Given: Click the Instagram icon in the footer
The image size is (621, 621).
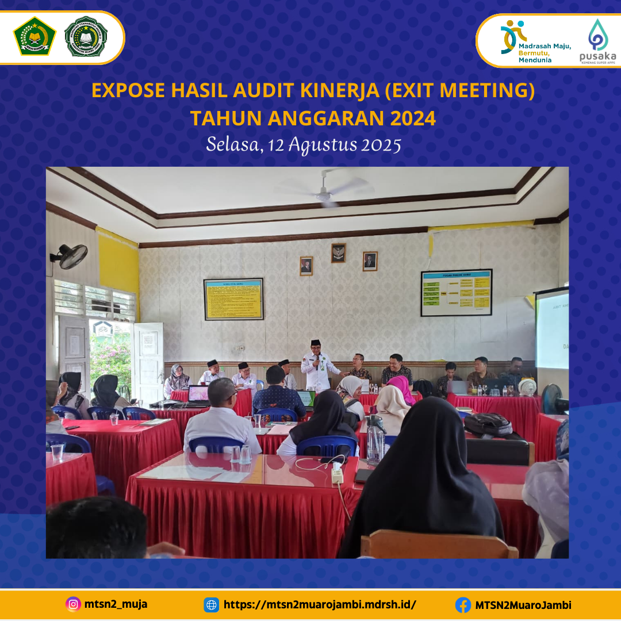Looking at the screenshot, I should (73, 604).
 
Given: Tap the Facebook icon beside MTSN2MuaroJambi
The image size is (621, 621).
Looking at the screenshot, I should (463, 605).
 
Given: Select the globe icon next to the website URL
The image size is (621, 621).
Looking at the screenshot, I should (212, 605).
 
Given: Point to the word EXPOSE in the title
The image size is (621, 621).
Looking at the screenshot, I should (128, 91).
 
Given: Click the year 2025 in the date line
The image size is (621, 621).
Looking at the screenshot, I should (381, 145).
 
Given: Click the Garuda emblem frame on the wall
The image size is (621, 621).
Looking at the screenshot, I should (338, 253).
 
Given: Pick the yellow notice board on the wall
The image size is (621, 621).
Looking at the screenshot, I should (233, 299).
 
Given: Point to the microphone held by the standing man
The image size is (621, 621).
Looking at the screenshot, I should (316, 360).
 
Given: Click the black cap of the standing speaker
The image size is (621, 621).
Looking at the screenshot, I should (315, 343).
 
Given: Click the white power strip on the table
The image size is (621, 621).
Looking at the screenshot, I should (337, 474).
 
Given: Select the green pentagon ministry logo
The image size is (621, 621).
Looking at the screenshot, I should (34, 36).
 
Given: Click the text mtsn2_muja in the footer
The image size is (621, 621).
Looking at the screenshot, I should (116, 604).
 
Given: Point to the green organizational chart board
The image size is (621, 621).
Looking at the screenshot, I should (456, 293).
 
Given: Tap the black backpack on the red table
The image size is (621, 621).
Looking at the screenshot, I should (488, 424).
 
